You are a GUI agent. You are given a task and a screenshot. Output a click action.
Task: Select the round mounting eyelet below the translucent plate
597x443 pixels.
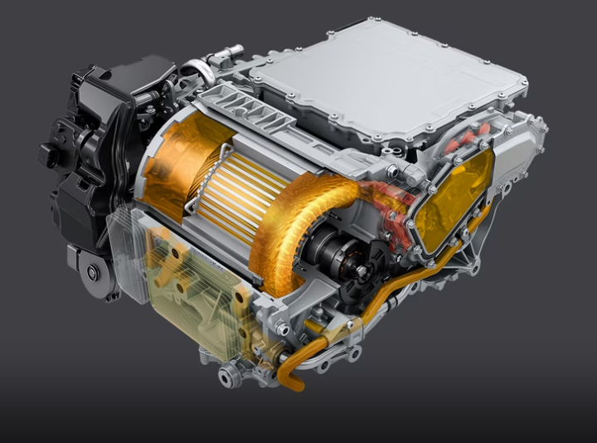click(x=225, y=376)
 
